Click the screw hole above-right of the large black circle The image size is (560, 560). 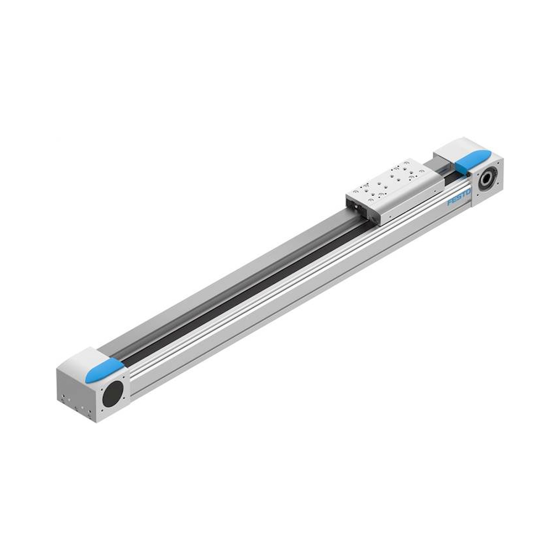[124, 378]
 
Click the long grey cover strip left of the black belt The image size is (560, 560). [220, 278]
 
